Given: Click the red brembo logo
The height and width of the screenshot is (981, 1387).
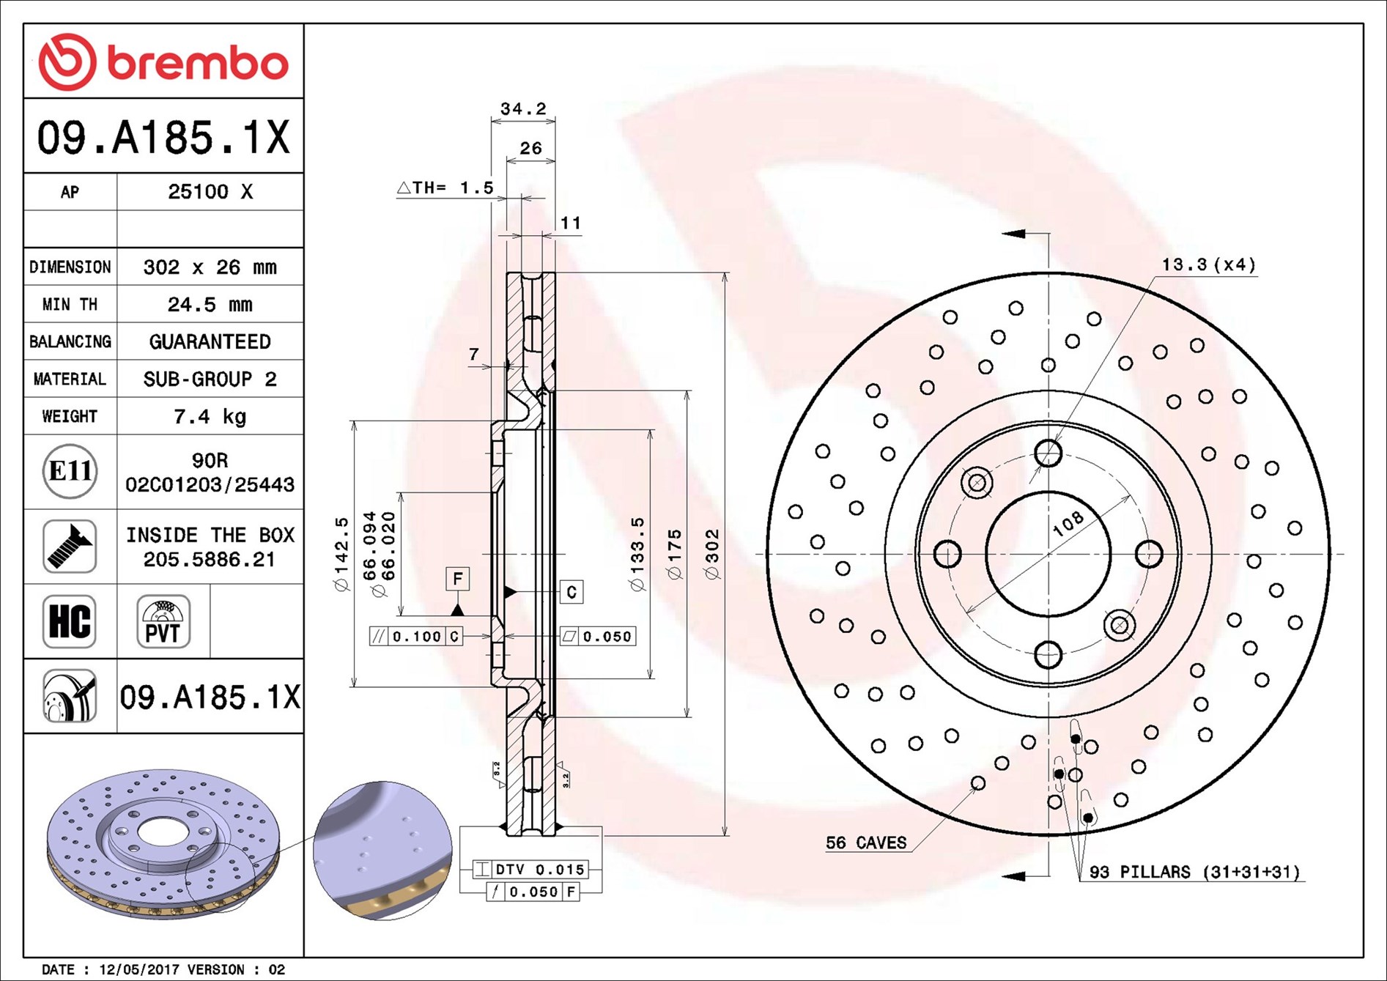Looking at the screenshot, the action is pyautogui.click(x=163, y=62).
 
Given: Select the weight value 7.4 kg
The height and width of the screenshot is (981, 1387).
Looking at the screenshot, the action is pyautogui.click(x=210, y=416).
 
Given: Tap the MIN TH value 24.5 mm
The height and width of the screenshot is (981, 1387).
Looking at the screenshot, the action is pyautogui.click(x=210, y=304).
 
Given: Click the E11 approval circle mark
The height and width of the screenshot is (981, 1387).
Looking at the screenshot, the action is pyautogui.click(x=70, y=471).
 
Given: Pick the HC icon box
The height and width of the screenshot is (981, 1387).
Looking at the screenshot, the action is pyautogui.click(x=70, y=621).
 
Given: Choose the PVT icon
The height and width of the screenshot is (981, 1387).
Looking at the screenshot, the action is pyautogui.click(x=163, y=621).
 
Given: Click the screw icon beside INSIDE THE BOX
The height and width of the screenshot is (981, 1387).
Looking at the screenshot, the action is pyautogui.click(x=70, y=547).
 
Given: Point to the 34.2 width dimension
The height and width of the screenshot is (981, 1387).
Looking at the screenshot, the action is pyautogui.click(x=523, y=108).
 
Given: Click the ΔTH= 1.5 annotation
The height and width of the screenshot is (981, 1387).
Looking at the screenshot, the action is pyautogui.click(x=445, y=188).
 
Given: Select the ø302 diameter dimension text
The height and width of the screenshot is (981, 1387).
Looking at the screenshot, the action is pyautogui.click(x=711, y=555).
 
